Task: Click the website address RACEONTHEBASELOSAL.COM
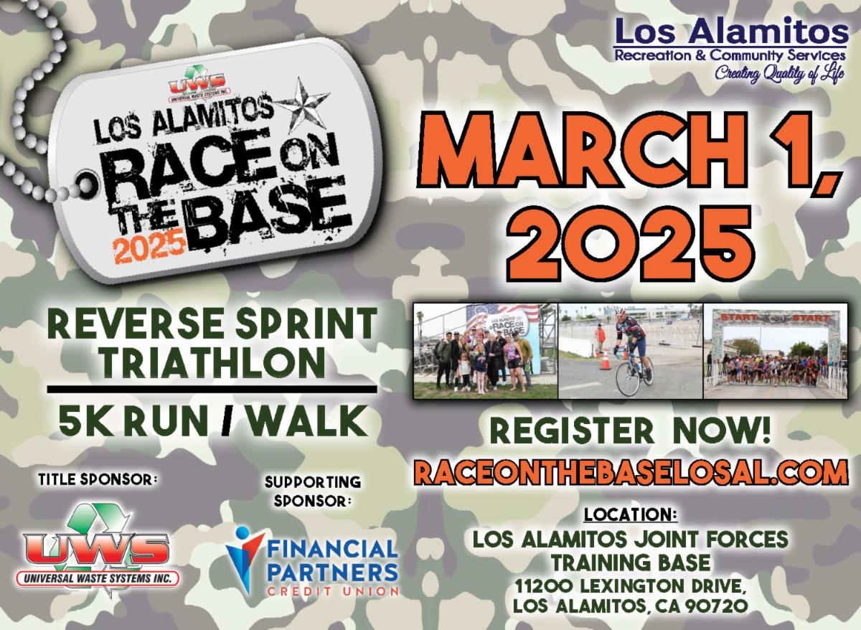point(631,472)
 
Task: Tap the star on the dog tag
point(303,106)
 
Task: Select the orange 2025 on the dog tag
point(149,247)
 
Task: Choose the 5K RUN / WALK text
point(213,421)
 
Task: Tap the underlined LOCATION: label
point(631,514)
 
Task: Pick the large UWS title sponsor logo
point(97,550)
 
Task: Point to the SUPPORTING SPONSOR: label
point(313,492)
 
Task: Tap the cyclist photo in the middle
point(631,351)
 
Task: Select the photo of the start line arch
point(776,351)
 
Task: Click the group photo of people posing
point(486,351)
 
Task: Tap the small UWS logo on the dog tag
point(197,85)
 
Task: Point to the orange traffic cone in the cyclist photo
point(605,359)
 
